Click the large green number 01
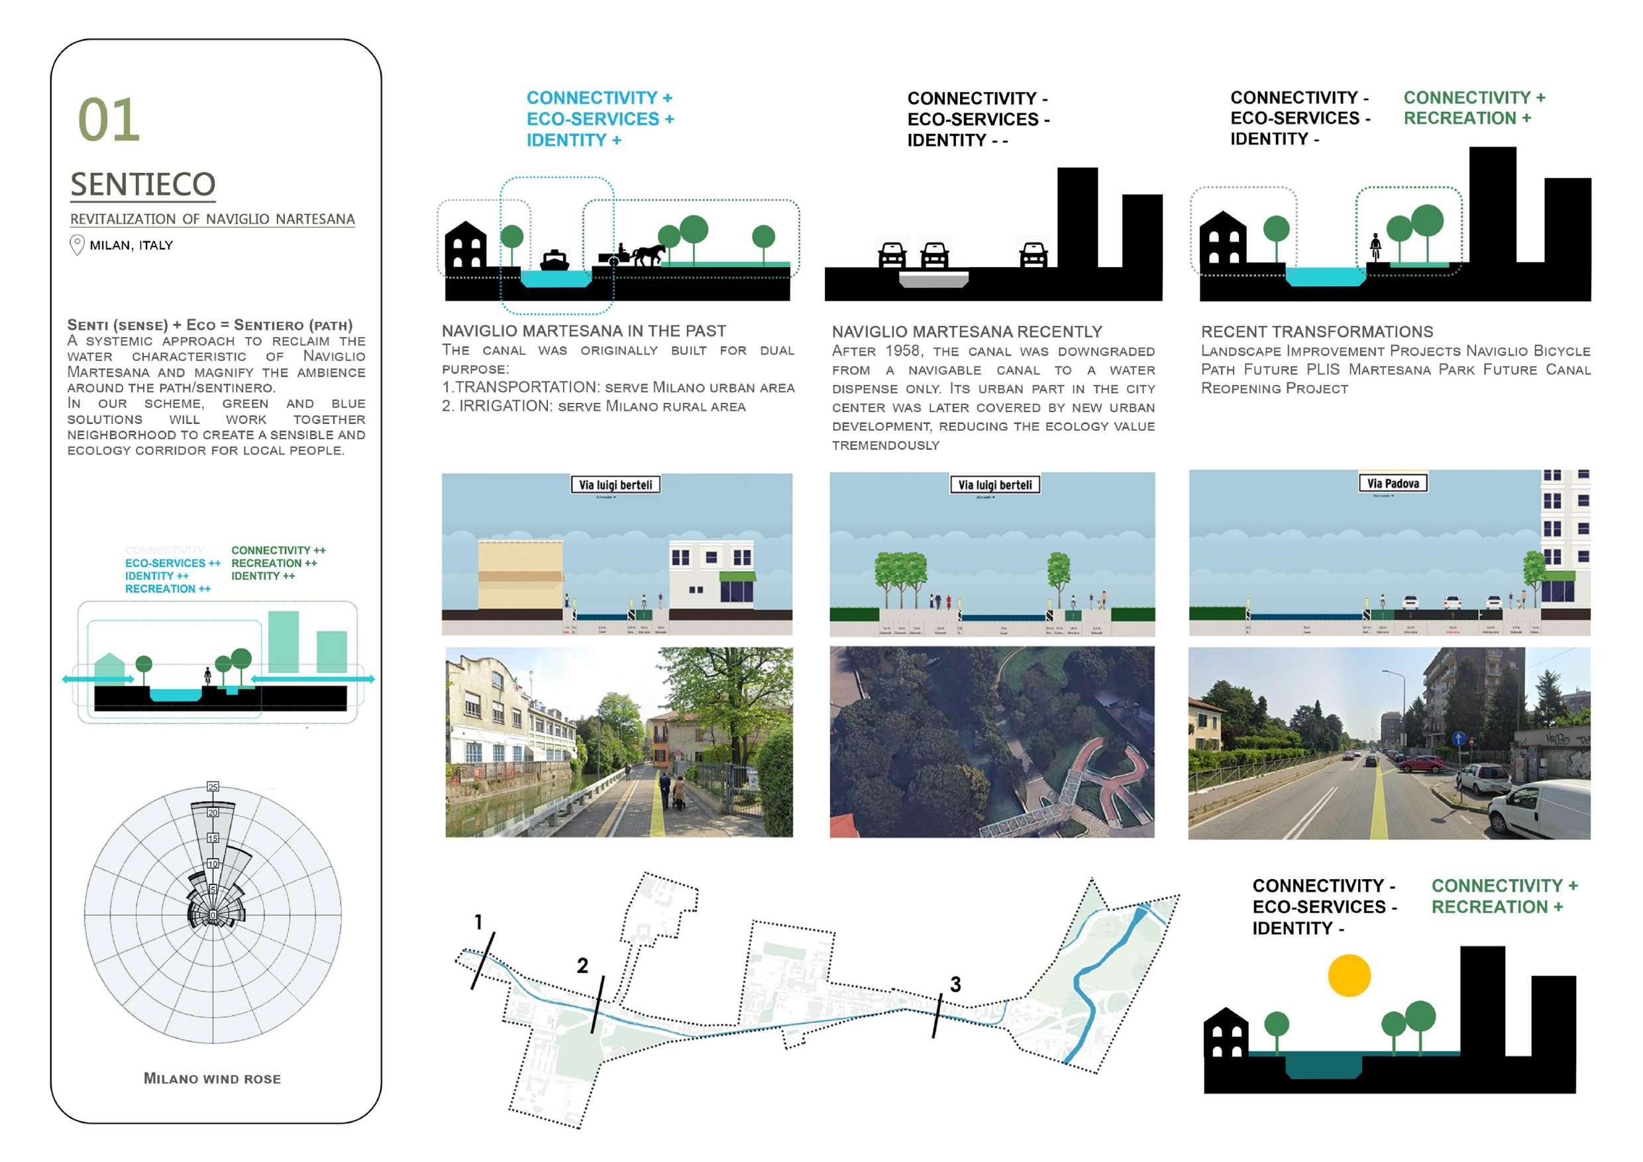[x=108, y=119]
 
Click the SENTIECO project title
[x=142, y=185]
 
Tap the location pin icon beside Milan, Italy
[x=77, y=245]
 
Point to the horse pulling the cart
[x=649, y=254]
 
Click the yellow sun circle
[x=1349, y=975]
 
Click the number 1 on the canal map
[x=478, y=922]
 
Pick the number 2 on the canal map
[x=582, y=966]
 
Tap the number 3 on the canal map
[x=955, y=984]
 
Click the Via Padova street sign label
[x=1393, y=484]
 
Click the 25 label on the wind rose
[x=213, y=787]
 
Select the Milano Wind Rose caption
[x=212, y=1079]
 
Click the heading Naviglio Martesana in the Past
[x=583, y=331]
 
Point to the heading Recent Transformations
[x=1316, y=332]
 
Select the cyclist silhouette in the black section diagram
[x=1375, y=248]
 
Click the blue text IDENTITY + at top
[x=573, y=140]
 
